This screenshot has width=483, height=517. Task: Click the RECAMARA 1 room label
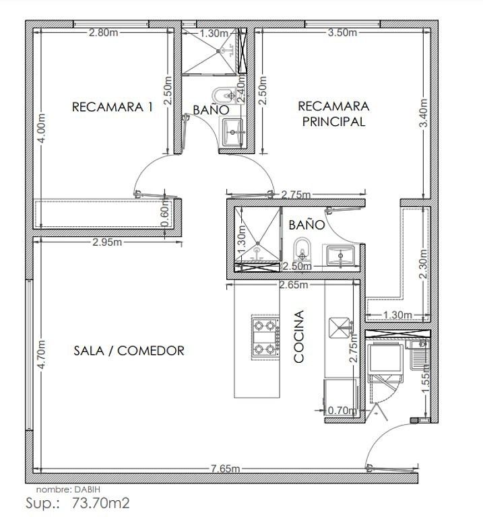click(x=112, y=107)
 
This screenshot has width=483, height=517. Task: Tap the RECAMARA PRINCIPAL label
click(x=333, y=114)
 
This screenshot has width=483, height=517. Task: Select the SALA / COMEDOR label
click(x=129, y=351)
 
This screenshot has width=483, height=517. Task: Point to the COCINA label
click(x=298, y=337)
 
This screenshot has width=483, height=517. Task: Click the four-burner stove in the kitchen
click(x=265, y=337)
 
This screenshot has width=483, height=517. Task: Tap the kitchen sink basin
click(x=340, y=327)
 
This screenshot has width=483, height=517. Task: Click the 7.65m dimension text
click(x=226, y=469)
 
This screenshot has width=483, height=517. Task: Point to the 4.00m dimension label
click(x=42, y=129)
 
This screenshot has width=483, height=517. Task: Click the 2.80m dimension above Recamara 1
click(x=103, y=32)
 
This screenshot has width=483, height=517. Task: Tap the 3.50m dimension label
click(x=342, y=32)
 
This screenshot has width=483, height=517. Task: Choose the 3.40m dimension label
click(x=423, y=113)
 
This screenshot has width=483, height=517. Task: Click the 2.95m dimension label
click(x=107, y=242)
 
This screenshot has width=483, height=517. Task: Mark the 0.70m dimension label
click(x=342, y=411)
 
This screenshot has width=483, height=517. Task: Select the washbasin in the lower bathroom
click(x=340, y=255)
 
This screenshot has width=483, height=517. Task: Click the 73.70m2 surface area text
click(x=101, y=503)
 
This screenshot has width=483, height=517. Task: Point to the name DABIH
click(x=87, y=489)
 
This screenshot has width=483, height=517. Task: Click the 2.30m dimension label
click(x=423, y=264)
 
